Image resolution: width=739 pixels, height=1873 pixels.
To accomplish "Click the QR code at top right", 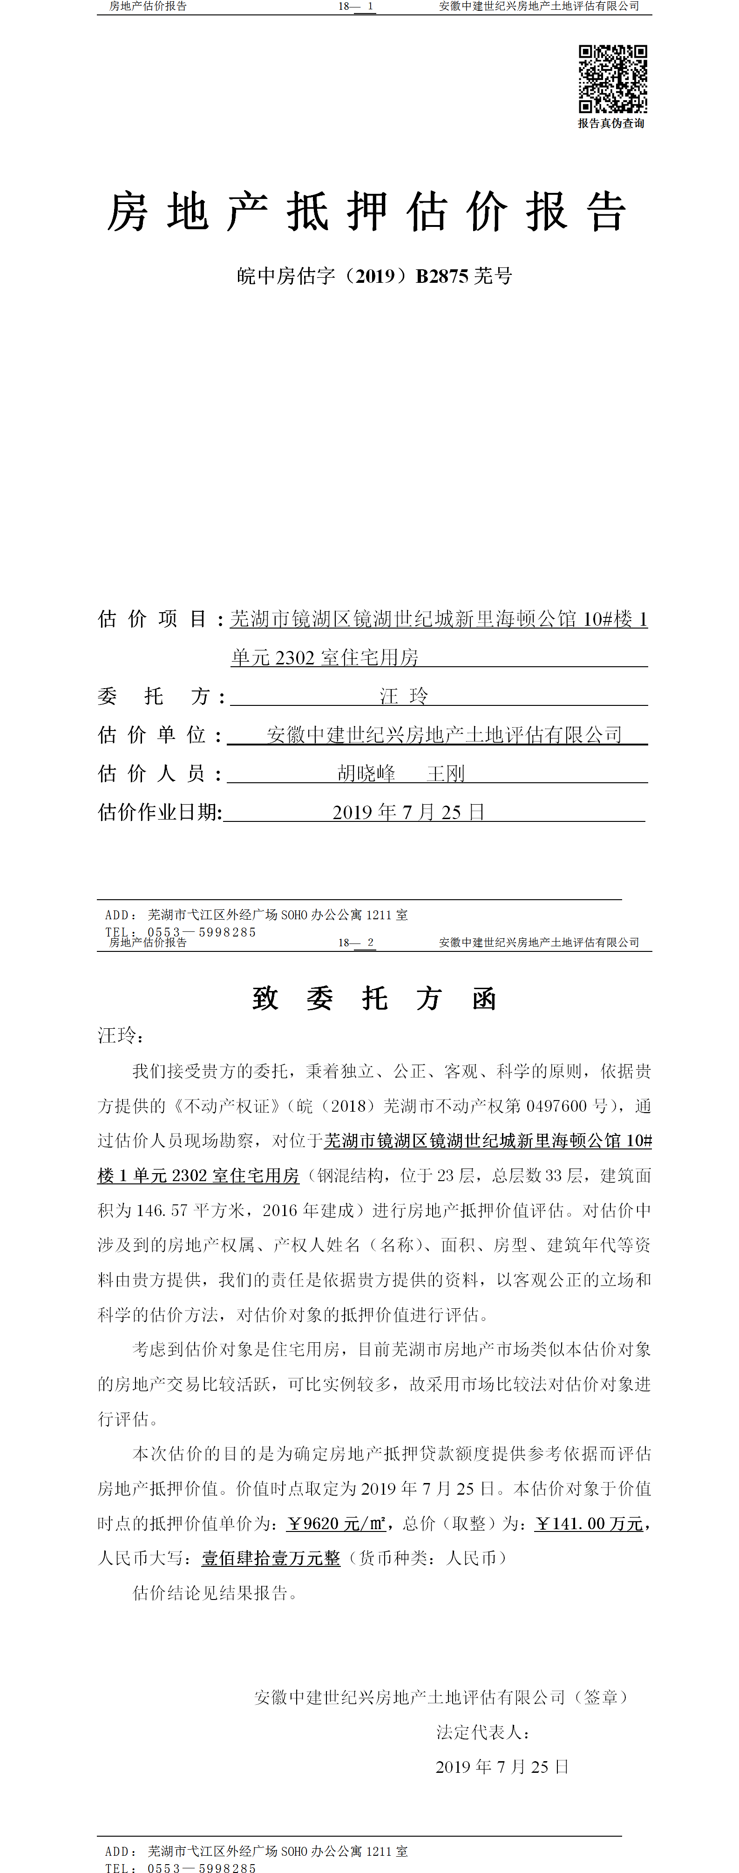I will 612,79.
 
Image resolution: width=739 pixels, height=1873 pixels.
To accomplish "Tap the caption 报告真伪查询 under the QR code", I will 611,123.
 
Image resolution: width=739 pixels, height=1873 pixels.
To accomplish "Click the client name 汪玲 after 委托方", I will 404,696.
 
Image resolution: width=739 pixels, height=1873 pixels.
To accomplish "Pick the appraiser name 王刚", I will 446,773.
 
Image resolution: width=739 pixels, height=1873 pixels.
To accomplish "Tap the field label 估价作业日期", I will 160,812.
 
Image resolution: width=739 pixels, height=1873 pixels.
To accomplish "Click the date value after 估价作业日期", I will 408,812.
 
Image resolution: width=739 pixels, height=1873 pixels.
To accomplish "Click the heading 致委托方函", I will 374,998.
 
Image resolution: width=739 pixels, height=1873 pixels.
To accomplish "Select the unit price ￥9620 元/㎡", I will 336,1523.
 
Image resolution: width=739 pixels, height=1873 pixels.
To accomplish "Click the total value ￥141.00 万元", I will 590,1523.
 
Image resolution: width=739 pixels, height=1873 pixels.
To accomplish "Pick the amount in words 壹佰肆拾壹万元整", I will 271,1558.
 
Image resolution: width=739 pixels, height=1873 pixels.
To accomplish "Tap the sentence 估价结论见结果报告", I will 215,1593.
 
